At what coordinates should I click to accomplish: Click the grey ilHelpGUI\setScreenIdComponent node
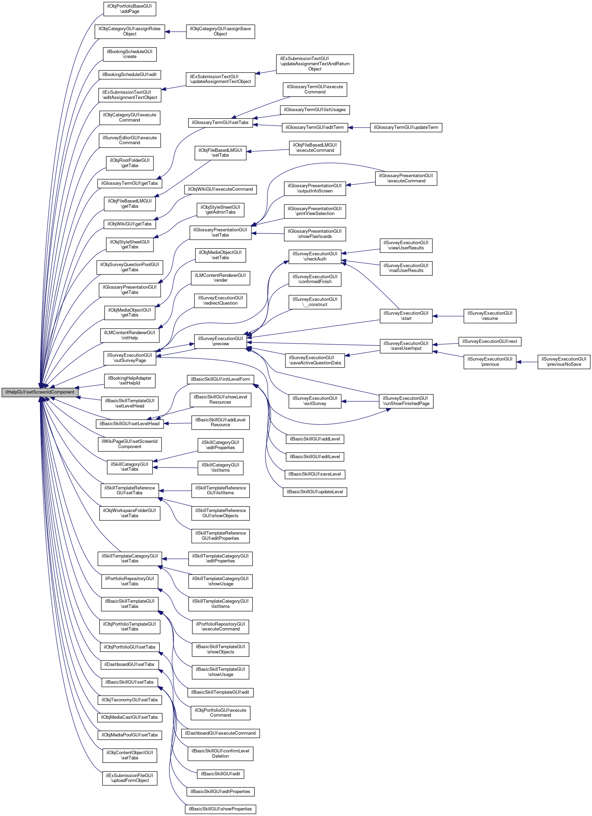click(40, 392)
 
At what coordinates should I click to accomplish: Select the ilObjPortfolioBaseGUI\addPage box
click(130, 9)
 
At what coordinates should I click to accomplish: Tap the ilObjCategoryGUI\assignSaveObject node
click(220, 32)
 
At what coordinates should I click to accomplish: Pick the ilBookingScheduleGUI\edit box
click(130, 74)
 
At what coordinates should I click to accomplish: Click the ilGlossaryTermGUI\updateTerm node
click(406, 127)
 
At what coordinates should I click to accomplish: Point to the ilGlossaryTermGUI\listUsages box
click(315, 110)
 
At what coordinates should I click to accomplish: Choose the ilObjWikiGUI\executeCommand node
click(220, 189)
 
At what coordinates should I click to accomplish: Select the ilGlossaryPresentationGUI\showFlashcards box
click(315, 234)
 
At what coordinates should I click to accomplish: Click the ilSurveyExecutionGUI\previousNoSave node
click(564, 362)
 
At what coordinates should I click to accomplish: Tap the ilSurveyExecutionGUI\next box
click(490, 341)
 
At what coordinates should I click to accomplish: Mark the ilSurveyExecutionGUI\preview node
click(220, 341)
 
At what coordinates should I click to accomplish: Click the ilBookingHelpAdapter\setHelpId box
click(130, 381)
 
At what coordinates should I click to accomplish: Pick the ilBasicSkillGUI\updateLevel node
click(315, 492)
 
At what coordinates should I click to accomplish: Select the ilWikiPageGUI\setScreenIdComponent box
click(130, 444)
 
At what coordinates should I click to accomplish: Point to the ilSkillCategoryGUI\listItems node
click(220, 468)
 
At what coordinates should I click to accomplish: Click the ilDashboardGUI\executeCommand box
click(220, 733)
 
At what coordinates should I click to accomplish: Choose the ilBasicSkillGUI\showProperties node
click(220, 809)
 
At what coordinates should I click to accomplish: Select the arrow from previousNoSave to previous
click(527, 362)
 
